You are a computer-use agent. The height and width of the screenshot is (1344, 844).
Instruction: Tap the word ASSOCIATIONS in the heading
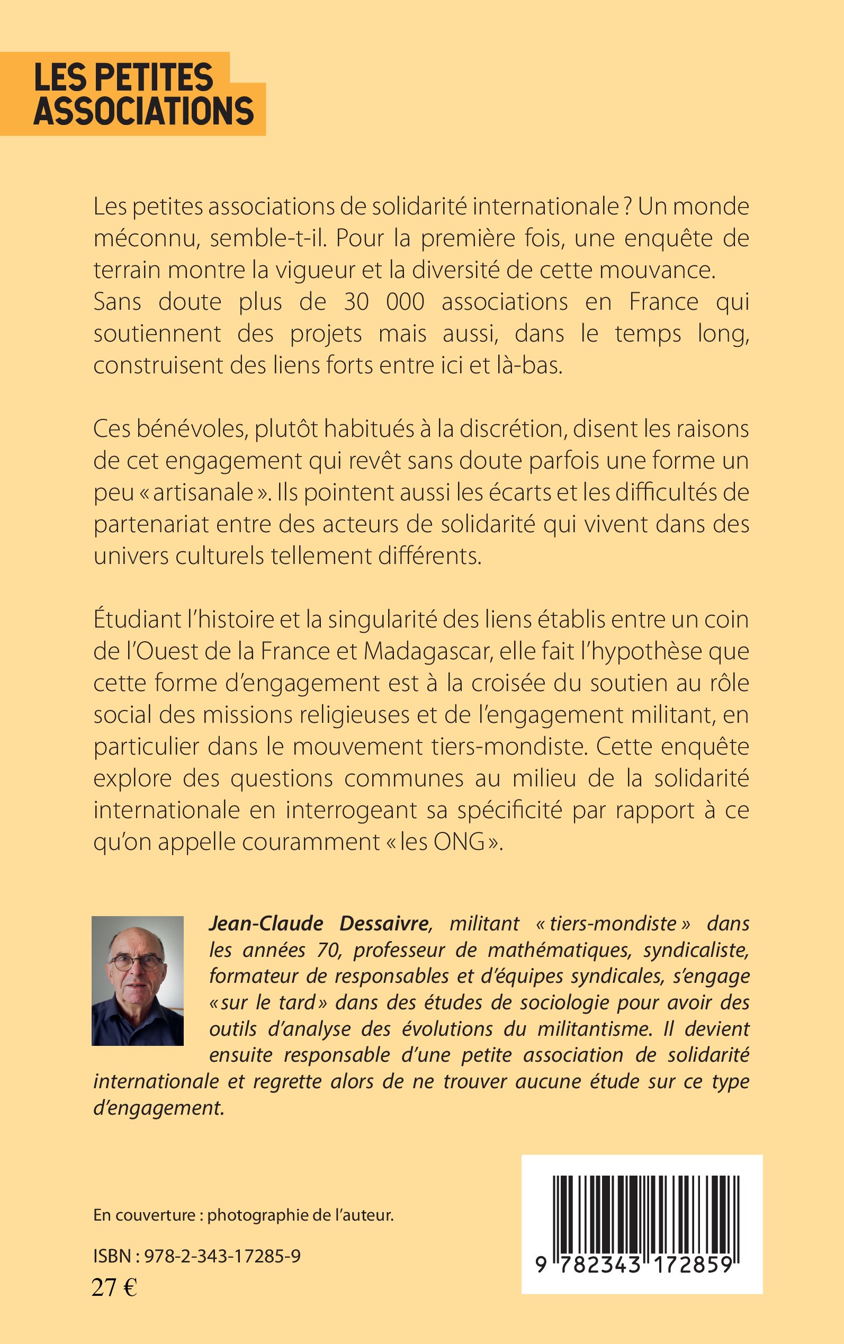click(x=143, y=111)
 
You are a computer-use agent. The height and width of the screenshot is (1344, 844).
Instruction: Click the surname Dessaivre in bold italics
click(x=384, y=923)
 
